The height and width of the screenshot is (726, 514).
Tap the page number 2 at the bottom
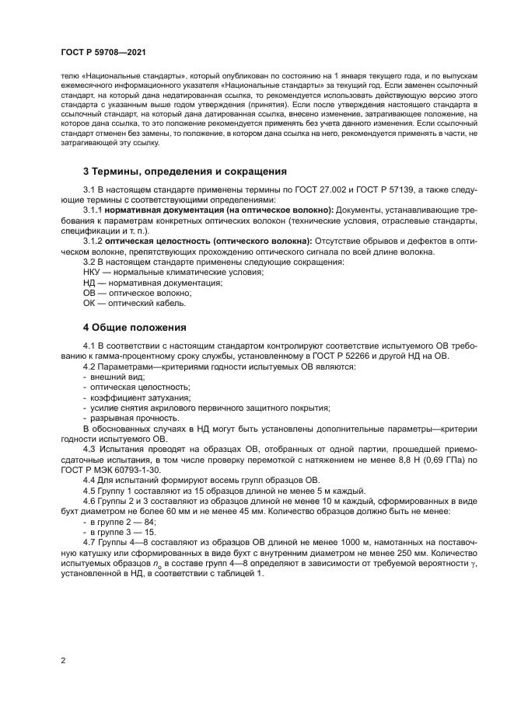[63, 660]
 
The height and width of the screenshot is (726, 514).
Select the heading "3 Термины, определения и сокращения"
[185, 171]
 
